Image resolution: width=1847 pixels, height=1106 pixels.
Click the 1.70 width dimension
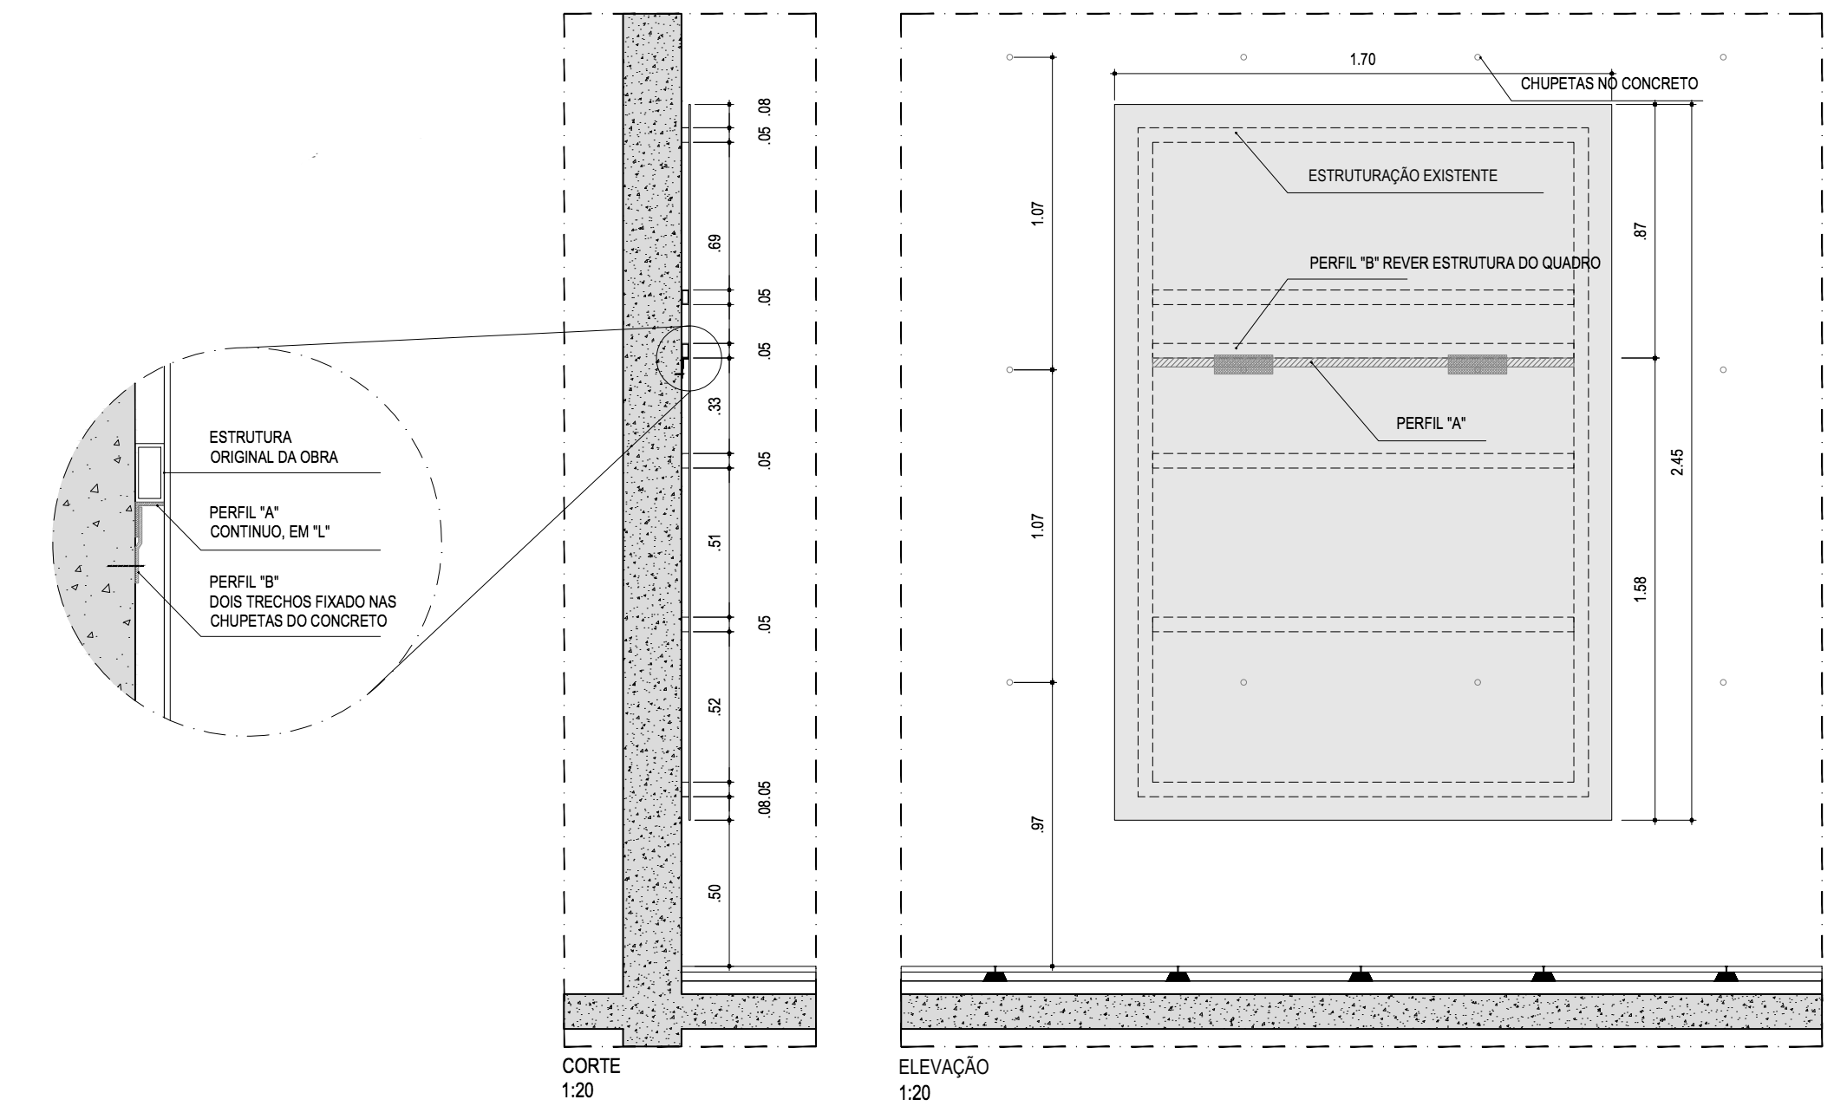click(1362, 60)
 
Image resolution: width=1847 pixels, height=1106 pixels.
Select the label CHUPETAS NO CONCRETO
click(1609, 84)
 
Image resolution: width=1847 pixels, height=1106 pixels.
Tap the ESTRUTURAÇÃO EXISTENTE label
click(1402, 176)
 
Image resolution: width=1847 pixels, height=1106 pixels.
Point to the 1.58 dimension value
click(1639, 589)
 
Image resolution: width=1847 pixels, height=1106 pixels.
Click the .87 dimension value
click(1639, 231)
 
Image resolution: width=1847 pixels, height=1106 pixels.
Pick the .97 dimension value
click(1038, 823)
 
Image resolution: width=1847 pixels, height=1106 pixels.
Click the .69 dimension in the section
click(715, 243)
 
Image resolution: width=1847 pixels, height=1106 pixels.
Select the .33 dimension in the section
click(715, 405)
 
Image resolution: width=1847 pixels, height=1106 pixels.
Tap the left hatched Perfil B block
click(1243, 364)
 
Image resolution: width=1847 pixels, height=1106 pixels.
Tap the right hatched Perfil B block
click(1477, 364)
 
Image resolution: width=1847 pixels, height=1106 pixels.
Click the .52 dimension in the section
click(715, 706)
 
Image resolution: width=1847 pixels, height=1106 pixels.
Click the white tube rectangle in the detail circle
click(149, 472)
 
